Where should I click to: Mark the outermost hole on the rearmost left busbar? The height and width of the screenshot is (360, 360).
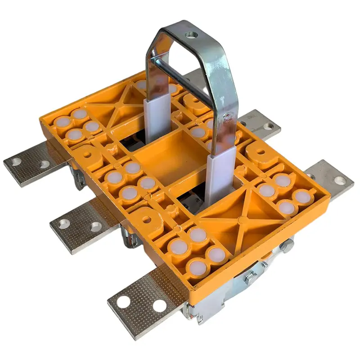point(17,162)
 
